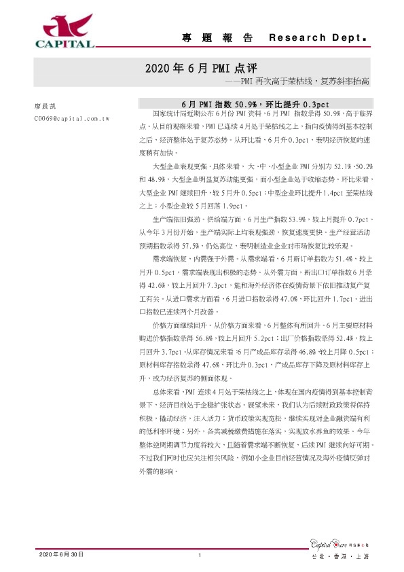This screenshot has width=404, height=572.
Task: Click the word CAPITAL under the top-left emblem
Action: click(65, 45)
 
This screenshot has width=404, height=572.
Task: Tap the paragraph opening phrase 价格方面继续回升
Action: click(176, 345)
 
